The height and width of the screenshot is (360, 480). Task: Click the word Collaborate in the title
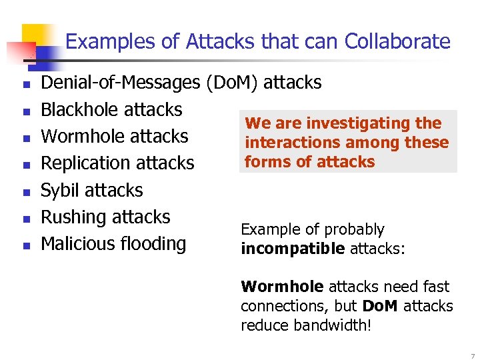[x=397, y=41]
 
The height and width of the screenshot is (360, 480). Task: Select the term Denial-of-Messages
[x=120, y=83]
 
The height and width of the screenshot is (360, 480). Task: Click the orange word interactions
[x=293, y=142]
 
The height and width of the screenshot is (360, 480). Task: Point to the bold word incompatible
[x=293, y=249]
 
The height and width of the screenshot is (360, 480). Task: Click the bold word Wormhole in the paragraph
[x=282, y=287]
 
